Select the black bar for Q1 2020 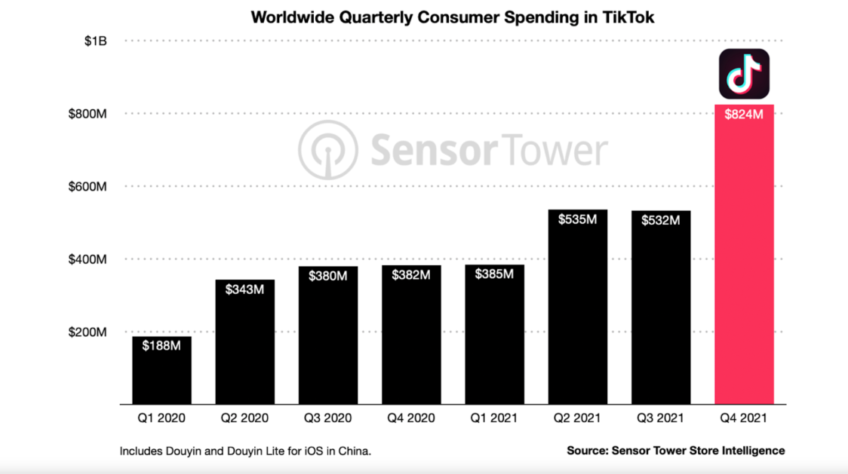pyautogui.click(x=161, y=377)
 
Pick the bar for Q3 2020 pyautogui.click(x=328, y=339)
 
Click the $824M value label pyautogui.click(x=744, y=115)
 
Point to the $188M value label pyautogui.click(x=161, y=347)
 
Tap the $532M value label pyautogui.click(x=661, y=221)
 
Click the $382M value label pyautogui.click(x=411, y=276)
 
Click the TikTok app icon pyautogui.click(x=744, y=74)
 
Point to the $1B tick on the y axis pyautogui.click(x=95, y=41)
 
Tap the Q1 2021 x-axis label pyautogui.click(x=494, y=417)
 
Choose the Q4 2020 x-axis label pyautogui.click(x=411, y=417)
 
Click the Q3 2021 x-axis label pyautogui.click(x=661, y=417)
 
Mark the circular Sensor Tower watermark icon pyautogui.click(x=326, y=150)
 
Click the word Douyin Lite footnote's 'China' pyautogui.click(x=353, y=451)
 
